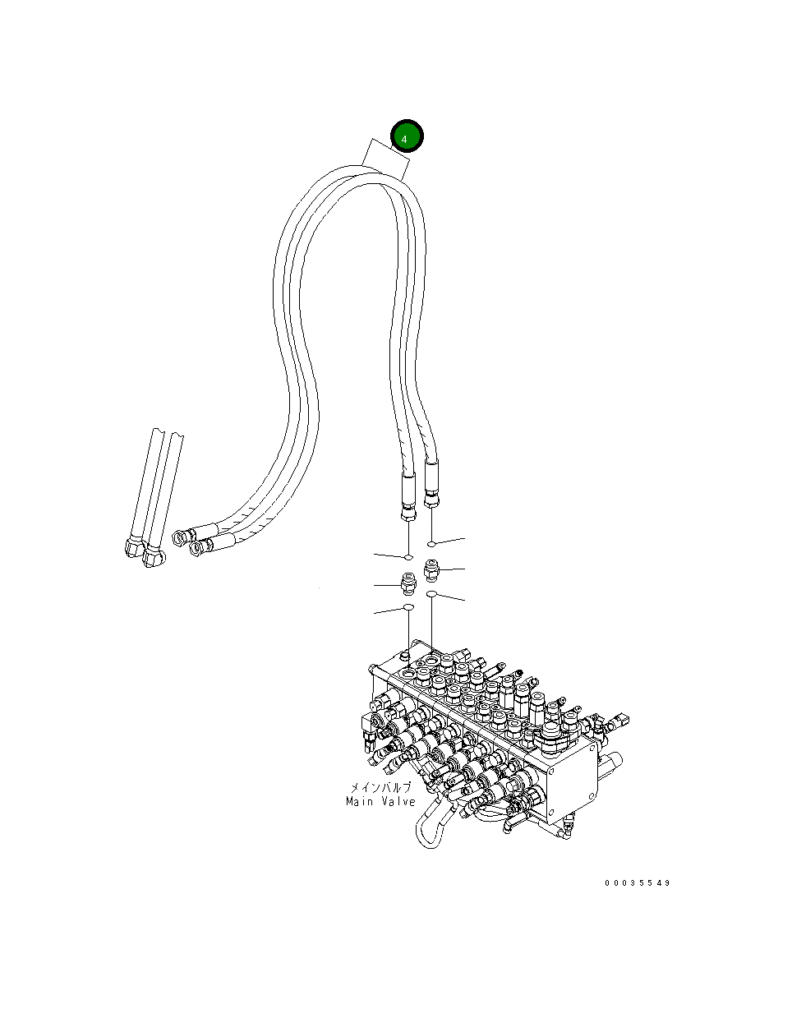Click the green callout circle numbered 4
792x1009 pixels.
[405, 138]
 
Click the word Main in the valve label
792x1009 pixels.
[361, 802]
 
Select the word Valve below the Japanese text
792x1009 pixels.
[398, 802]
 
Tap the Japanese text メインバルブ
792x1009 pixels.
[380, 787]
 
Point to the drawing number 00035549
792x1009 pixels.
[638, 883]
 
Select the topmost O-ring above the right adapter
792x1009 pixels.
[432, 544]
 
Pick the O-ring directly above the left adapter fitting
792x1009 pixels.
[408, 559]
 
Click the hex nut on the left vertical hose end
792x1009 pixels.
[408, 514]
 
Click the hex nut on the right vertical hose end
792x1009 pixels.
[432, 497]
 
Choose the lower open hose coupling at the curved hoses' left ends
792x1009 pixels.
[198, 546]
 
